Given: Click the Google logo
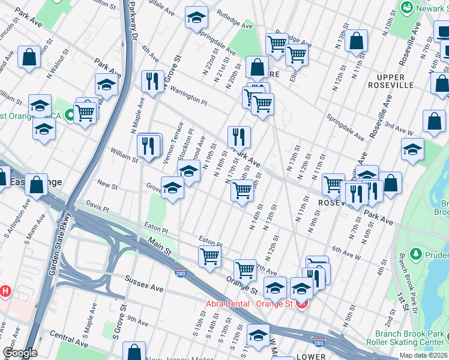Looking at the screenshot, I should (x=20, y=353).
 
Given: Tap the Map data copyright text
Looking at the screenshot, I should (x=423, y=355).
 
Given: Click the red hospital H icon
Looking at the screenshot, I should (x=5, y=292).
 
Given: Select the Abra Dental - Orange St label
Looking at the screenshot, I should (x=252, y=304).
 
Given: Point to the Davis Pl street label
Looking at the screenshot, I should (x=97, y=207).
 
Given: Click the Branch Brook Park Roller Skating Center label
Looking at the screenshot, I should (x=411, y=338).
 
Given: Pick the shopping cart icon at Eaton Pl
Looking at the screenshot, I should (x=210, y=256).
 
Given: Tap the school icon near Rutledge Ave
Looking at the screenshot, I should (x=196, y=19).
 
